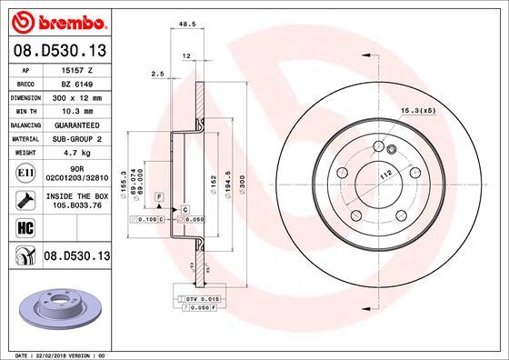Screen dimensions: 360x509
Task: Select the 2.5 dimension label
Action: point(156,74)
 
